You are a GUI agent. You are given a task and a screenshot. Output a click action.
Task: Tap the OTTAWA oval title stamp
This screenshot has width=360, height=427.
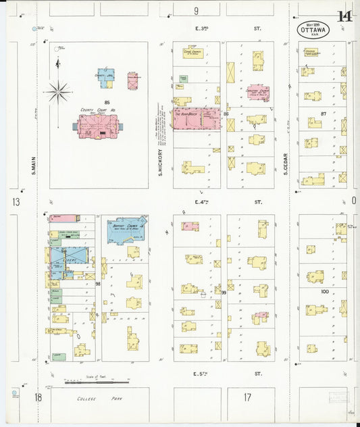coord(313,30)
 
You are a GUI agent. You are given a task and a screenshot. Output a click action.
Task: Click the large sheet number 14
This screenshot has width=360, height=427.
coord(344,18)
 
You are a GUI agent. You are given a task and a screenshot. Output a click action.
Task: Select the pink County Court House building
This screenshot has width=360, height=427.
coord(99,126)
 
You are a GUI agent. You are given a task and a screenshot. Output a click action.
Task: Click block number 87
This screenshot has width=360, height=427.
coord(324,114)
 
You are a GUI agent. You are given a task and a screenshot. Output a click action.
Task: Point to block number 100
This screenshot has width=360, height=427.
coord(324,292)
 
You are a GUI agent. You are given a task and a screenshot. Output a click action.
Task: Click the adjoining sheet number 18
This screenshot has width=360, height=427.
coord(38,397)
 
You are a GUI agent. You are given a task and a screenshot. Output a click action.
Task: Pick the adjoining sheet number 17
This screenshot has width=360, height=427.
coord(247,397)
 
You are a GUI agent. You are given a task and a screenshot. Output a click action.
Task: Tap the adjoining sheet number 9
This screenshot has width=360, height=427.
coord(196,10)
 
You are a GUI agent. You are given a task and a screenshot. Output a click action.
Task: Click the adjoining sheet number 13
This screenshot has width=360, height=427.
coord(15,202)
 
